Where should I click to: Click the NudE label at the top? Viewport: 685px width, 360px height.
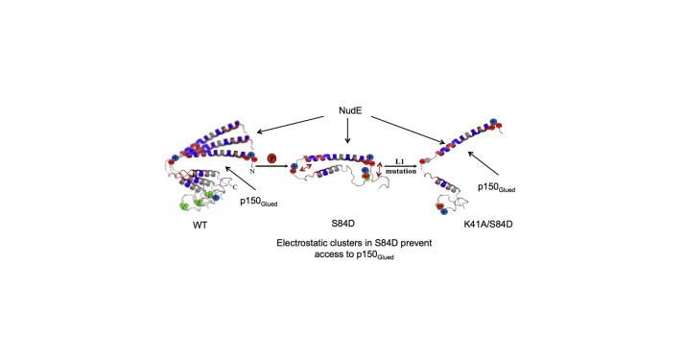pos(350,110)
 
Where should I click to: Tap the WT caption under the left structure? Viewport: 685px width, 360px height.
pos(200,226)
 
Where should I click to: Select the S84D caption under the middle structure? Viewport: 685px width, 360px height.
pos(342,224)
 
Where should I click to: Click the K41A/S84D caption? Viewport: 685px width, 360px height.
pos(488,224)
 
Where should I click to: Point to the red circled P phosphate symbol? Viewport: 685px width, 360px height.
pos(272,157)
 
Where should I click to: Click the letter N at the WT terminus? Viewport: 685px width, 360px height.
pos(252,172)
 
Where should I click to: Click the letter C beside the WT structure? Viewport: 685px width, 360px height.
pos(235,187)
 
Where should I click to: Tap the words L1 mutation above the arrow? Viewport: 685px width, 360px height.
pos(400,166)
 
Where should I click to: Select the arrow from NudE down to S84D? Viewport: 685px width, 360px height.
pos(347,131)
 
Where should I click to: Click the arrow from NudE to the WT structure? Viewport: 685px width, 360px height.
pos(291,125)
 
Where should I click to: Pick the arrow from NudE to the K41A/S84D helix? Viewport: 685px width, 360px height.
pos(408,130)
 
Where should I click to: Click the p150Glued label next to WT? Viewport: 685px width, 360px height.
pos(259,202)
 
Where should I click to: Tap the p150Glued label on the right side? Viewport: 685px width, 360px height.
pos(496,187)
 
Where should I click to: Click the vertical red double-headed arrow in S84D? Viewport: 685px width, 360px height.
pos(379,169)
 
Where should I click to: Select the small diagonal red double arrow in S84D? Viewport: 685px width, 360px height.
pos(305,168)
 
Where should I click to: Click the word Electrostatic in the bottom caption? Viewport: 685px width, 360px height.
pos(301,243)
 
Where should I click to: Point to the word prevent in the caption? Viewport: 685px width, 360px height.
pos(415,243)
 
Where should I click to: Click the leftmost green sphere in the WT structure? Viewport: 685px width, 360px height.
pos(184,205)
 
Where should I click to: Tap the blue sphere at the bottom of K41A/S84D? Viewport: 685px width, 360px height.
pos(444,212)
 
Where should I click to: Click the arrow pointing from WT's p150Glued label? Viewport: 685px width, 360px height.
pos(240,178)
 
